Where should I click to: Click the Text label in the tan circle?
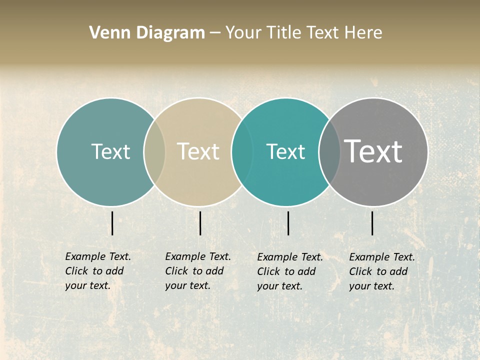click(198, 151)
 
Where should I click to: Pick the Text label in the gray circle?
click(373, 151)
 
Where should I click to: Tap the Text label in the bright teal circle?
click(285, 151)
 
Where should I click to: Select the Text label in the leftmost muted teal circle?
click(110, 151)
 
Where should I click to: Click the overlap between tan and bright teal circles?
click(238, 152)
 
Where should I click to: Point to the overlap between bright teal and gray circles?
click(329, 152)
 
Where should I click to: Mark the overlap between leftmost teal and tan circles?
click(154, 152)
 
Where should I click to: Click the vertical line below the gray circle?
click(372, 223)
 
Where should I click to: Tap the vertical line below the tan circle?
click(200, 223)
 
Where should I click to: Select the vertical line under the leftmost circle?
click(112, 223)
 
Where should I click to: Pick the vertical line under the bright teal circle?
click(288, 223)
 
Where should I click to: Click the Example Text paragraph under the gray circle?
click(382, 271)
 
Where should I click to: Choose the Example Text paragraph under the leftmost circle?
click(98, 271)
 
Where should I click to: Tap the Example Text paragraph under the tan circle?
click(198, 271)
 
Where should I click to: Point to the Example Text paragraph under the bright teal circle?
click(290, 271)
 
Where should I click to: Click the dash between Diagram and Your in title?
click(215, 33)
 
